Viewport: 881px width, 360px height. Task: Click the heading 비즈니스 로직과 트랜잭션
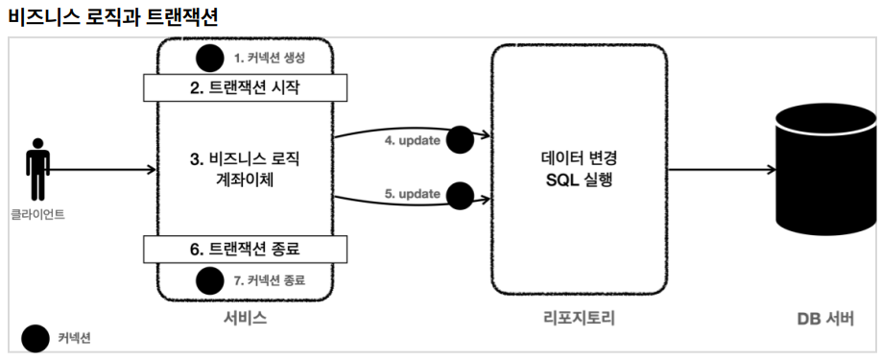(113, 17)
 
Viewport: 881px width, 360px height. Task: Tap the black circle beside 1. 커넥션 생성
(210, 59)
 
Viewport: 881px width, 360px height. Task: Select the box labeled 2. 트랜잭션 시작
(245, 87)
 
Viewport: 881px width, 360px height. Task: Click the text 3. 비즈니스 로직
(245, 159)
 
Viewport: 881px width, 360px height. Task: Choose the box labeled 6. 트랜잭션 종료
(245, 250)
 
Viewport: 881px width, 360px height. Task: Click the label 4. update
(412, 141)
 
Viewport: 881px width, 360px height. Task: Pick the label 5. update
(412, 195)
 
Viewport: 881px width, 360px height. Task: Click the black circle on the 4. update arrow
(460, 140)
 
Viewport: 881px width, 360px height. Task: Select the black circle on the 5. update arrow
(460, 196)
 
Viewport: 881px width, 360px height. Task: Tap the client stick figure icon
(37, 169)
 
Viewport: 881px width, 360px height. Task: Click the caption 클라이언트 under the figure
(37, 214)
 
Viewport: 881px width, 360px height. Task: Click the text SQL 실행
(579, 180)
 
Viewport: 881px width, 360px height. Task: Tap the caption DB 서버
(825, 319)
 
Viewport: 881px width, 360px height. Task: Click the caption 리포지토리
(580, 319)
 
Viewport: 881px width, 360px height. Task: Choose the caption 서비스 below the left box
(245, 319)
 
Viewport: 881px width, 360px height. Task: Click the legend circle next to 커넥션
(36, 339)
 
